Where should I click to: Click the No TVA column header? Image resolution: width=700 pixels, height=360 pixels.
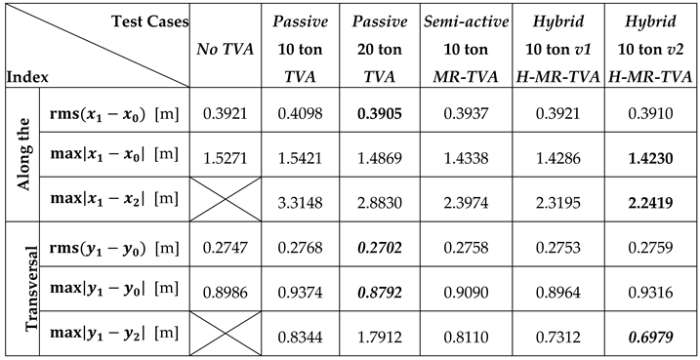click(x=222, y=46)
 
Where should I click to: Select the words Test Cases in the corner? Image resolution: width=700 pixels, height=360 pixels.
click(x=146, y=19)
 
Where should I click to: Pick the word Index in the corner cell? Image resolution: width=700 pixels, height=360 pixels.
click(x=27, y=74)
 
